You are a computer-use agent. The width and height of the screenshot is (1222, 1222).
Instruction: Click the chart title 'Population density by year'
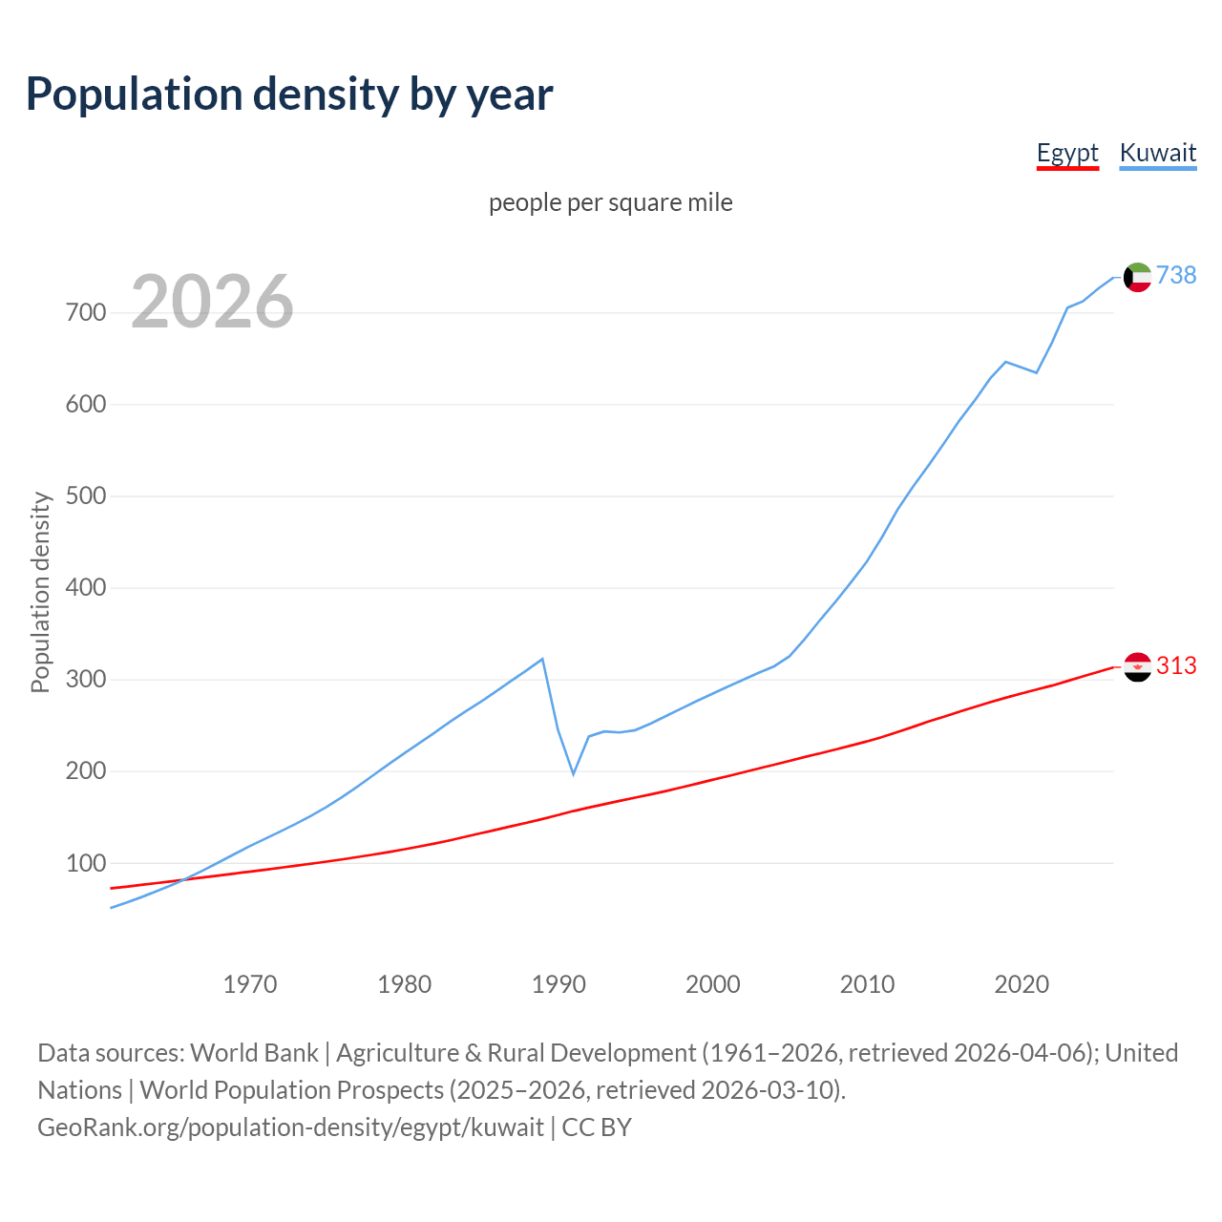coord(289,95)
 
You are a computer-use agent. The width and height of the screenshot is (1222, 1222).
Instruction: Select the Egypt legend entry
coord(1067,153)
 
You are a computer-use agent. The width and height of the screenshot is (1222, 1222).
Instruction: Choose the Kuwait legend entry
coord(1157,153)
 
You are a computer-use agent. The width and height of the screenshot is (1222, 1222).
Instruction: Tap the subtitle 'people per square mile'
coord(610,202)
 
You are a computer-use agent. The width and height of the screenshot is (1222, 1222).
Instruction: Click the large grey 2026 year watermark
coord(212,302)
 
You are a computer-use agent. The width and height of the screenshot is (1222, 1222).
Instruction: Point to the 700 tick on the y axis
coord(86,313)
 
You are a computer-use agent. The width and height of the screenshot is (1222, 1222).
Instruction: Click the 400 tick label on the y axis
coord(86,588)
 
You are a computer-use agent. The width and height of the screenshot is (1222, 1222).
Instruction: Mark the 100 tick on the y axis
coord(86,863)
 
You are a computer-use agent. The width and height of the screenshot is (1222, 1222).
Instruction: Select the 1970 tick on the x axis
coord(250,983)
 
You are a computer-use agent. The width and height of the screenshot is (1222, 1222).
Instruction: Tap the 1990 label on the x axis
coord(558,983)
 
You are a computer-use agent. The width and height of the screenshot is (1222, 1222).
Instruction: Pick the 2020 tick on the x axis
coord(1022,983)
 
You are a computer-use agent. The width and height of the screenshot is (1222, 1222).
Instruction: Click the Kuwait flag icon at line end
coord(1137,277)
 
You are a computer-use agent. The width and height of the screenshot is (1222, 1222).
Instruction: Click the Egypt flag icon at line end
coord(1137,666)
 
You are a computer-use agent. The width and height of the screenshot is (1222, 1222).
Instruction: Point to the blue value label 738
coord(1176,275)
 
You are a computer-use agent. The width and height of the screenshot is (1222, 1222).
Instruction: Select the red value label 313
coord(1176,665)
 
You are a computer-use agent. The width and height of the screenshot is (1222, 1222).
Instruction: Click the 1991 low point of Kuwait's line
coord(574,773)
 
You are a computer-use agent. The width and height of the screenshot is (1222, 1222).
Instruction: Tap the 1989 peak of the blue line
coord(542,659)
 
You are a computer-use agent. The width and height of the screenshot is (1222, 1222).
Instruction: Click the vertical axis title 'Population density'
coord(40,592)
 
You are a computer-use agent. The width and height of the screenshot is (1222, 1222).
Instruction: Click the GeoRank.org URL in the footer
coord(290,1127)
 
